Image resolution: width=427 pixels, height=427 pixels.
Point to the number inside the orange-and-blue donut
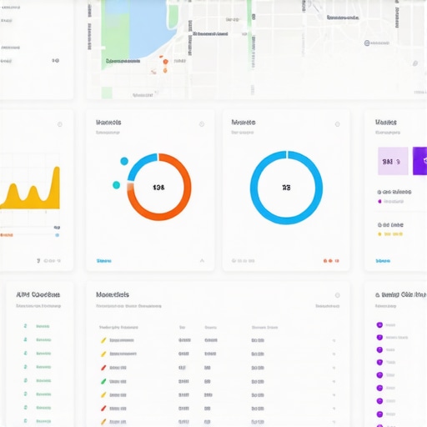[158, 188]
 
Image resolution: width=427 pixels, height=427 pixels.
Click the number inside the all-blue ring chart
[286, 188]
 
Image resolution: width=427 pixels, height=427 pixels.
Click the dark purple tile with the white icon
[419, 160]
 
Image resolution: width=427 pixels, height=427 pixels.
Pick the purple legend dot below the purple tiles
[379, 201]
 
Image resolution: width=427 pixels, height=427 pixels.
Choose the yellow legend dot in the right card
[379, 234]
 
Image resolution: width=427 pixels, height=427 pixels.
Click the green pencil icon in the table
[103, 381]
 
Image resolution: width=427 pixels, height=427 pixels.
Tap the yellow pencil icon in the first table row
[103, 340]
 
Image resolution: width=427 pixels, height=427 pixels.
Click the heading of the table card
[113, 294]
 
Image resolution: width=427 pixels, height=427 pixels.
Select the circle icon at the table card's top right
[337, 295]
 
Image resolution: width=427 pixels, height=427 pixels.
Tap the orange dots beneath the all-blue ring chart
[329, 261]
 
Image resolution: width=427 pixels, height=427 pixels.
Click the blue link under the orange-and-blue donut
[103, 261]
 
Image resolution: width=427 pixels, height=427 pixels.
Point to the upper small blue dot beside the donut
[124, 161]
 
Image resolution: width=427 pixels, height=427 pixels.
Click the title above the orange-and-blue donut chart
[109, 122]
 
